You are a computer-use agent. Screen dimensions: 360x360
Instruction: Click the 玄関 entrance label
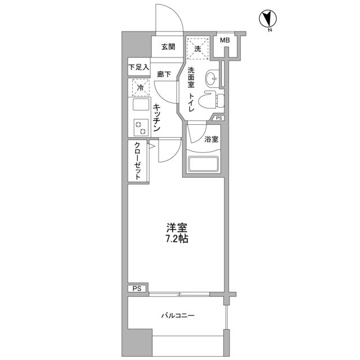point(168,47)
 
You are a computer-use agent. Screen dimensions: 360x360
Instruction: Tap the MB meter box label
point(224,40)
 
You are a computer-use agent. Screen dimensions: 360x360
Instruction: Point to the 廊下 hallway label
point(164,74)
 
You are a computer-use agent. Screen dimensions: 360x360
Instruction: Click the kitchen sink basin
point(139,106)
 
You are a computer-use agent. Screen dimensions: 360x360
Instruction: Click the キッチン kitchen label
point(157,118)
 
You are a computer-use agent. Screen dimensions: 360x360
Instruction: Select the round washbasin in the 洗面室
point(212,76)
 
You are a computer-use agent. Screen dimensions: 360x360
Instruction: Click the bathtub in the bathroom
point(204,165)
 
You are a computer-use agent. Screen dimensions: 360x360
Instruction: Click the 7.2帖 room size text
point(177,238)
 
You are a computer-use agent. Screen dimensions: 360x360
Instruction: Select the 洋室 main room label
point(177,228)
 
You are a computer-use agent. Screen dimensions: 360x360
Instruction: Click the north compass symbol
point(267,20)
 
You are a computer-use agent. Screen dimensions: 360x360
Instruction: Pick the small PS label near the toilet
point(219,118)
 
